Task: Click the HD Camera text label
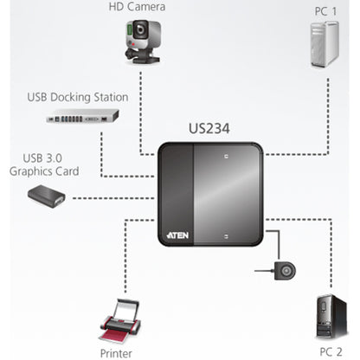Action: pos(137,7)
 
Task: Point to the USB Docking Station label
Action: pos(79,97)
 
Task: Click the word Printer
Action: pos(117,352)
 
